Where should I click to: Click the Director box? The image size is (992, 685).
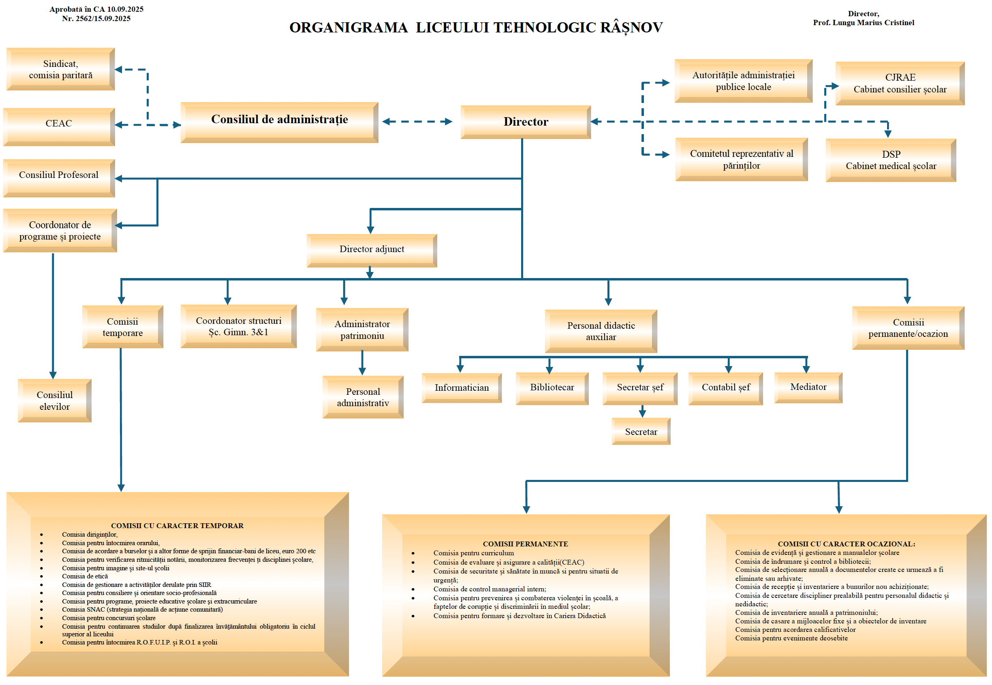pos(525,122)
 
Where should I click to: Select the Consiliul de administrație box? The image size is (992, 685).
pos(279,122)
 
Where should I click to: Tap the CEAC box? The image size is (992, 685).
pos(59,126)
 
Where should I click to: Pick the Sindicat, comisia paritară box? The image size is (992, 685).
pos(60,69)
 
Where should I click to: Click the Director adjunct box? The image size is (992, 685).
pos(372,250)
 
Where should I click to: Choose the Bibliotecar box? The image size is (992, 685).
pos(552,388)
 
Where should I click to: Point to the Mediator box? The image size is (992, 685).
pos(808,387)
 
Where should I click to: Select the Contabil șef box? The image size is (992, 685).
pos(725,388)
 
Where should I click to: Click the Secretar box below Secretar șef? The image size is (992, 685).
pos(641,431)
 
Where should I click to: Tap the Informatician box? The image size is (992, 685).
pos(462,388)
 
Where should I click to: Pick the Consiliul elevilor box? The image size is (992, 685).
pos(54,400)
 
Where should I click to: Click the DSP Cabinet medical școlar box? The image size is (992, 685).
pos(891,160)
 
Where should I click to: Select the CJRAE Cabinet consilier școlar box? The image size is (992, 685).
pos(900,83)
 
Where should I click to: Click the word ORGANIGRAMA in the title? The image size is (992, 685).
pos(348,28)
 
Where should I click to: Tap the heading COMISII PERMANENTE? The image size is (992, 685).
pos(525,544)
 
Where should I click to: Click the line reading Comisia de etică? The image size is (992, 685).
pos(85,576)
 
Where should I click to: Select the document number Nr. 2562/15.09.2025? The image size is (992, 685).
pos(96,19)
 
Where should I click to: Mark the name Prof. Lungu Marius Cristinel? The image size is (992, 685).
pos(863,23)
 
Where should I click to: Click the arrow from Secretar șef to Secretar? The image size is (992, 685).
pos(642,411)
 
